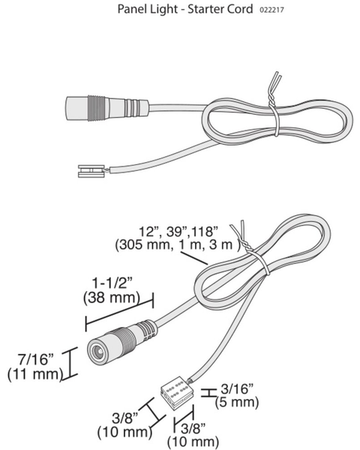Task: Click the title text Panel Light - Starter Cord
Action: click(185, 10)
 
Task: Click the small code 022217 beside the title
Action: click(271, 10)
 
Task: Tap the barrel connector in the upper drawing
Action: click(107, 109)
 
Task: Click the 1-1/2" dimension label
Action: click(112, 283)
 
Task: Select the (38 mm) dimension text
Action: click(112, 298)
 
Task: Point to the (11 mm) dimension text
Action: click(35, 374)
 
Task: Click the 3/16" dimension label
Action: click(238, 389)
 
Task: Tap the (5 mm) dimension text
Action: click(237, 402)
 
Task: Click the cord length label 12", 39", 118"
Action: click(178, 232)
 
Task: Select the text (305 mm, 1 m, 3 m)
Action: click(178, 245)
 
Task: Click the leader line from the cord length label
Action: click(194, 258)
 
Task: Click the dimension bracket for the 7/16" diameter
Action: click(70, 364)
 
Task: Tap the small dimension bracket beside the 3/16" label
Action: click(208, 392)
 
